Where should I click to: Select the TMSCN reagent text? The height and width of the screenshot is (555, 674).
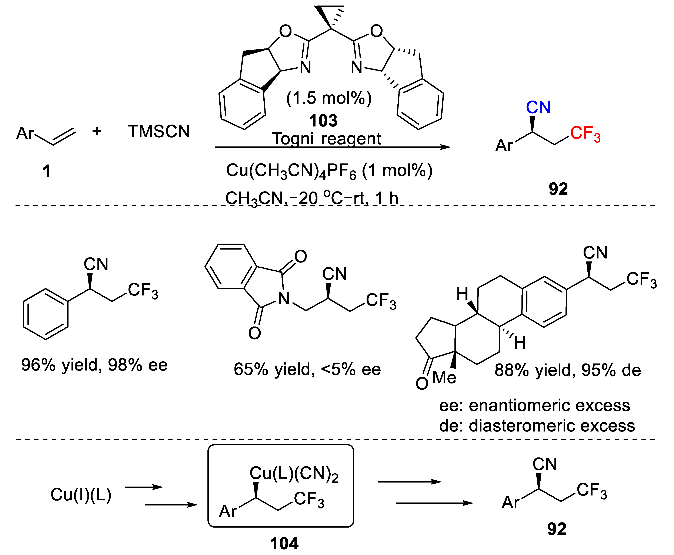(159, 131)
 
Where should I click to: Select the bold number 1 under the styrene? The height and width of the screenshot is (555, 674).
(47, 171)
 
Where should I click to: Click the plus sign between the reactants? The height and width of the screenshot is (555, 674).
(97, 131)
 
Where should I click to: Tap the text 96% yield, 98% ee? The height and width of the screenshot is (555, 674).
(94, 365)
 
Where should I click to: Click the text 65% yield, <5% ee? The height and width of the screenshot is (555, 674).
(307, 369)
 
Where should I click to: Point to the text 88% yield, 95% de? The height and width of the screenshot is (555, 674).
(567, 370)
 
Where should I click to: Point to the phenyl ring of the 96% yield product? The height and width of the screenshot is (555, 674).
(46, 314)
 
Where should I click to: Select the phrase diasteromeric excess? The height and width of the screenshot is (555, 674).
(551, 426)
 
